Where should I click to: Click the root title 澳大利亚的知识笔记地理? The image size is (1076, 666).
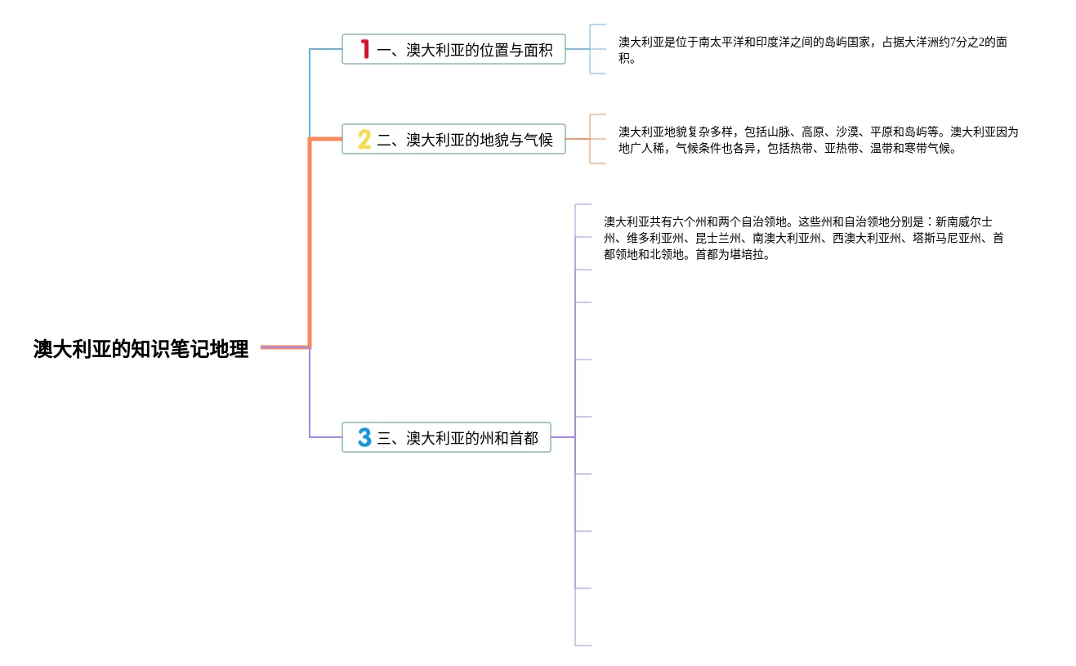tap(141, 349)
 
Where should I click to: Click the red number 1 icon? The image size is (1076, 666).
tap(364, 50)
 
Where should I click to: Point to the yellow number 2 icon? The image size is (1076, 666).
tap(364, 140)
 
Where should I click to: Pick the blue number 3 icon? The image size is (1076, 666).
tap(364, 438)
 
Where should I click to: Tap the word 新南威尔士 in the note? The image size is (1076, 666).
tap(964, 221)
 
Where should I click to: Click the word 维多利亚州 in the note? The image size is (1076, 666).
tap(656, 238)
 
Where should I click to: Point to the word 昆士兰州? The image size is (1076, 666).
tap(719, 238)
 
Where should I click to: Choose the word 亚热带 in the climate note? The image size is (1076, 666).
tap(841, 149)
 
